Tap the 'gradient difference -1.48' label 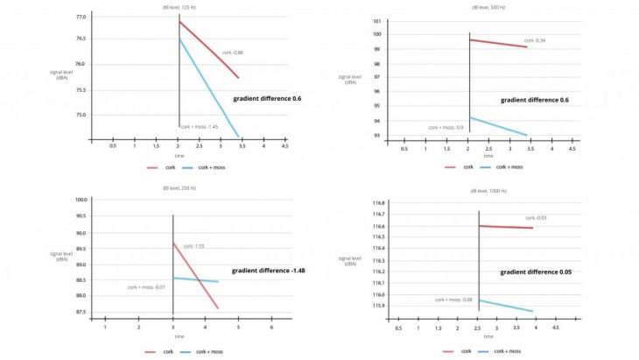(x=268, y=270)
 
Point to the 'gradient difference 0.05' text (x=536, y=272)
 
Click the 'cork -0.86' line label (x=232, y=53)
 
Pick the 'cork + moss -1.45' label (x=199, y=127)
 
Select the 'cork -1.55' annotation (x=194, y=247)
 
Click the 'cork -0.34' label (x=535, y=40)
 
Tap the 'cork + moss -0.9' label (x=446, y=127)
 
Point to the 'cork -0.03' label (x=536, y=218)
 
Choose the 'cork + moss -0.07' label (x=146, y=286)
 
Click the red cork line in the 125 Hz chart (x=208, y=50)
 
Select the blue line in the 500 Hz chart (x=499, y=126)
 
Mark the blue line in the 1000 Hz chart (x=506, y=306)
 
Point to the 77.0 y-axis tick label (x=81, y=18)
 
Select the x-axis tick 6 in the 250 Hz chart (x=271, y=328)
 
